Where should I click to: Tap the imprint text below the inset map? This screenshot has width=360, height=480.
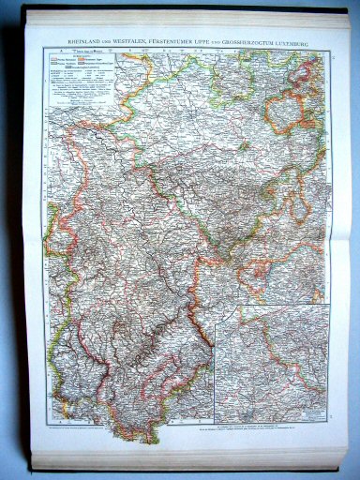point(271,425)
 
